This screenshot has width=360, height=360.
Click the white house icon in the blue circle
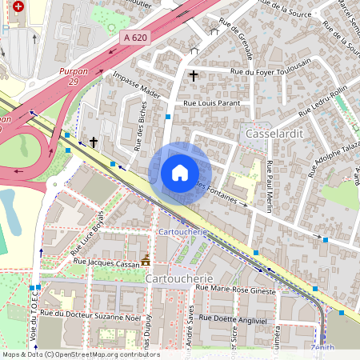pyautogui.click(x=180, y=173)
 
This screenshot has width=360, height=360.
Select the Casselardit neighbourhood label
pyautogui.click(x=274, y=133)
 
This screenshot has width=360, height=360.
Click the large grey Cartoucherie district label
pyautogui.click(x=178, y=278)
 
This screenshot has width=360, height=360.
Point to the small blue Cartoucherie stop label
pyautogui.click(x=183, y=231)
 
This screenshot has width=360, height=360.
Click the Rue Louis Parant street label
pyautogui.click(x=212, y=103)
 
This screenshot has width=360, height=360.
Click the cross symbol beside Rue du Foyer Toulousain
pyautogui.click(x=193, y=76)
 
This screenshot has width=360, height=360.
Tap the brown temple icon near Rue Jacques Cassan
pyautogui.click(x=146, y=259)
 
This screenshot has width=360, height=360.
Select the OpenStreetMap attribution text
pyautogui.click(x=81, y=354)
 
